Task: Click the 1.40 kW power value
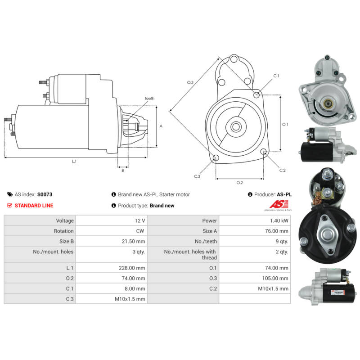click(x=281, y=221)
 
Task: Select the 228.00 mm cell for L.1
click(x=135, y=268)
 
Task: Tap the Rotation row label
click(x=64, y=231)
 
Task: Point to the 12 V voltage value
click(x=140, y=221)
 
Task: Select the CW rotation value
click(x=141, y=231)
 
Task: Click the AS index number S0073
click(x=45, y=195)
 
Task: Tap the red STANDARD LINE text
click(x=34, y=206)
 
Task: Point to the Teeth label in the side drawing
click(x=149, y=99)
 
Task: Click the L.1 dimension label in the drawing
click(x=74, y=161)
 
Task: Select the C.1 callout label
click(x=276, y=76)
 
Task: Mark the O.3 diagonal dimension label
click(x=190, y=82)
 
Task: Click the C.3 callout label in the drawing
click(x=197, y=176)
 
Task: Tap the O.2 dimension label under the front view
click(x=239, y=182)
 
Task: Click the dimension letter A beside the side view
click(x=161, y=126)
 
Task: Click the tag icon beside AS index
click(x=10, y=195)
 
